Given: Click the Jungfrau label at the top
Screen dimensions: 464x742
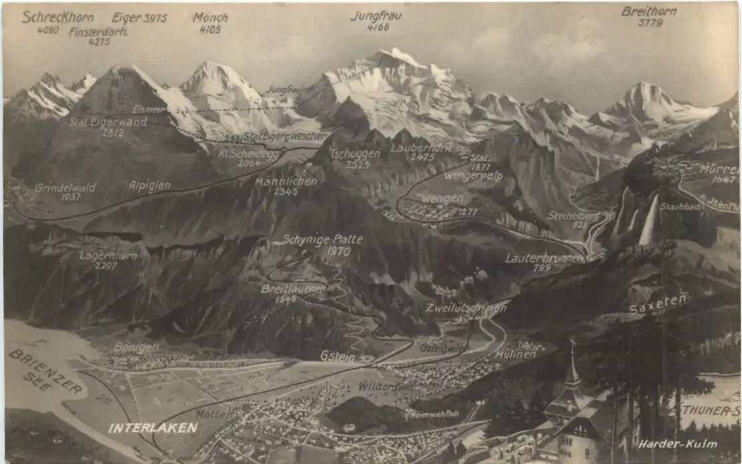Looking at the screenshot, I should [376, 15].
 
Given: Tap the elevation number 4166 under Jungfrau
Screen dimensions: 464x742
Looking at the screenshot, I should [378, 28].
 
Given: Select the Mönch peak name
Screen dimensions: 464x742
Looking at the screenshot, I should [210, 18].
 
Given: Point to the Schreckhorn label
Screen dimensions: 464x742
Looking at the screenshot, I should [57, 17].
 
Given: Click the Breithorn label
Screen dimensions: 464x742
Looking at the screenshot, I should [649, 11].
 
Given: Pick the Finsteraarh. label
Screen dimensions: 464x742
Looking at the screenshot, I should [99, 31].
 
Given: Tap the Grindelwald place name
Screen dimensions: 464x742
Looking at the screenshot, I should [65, 188].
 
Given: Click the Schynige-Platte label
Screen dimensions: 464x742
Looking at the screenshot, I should [323, 240].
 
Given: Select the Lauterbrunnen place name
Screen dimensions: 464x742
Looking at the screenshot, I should [544, 258].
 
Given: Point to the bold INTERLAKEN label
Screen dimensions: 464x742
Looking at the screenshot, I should [153, 428].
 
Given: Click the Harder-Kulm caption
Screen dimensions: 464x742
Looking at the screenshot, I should [677, 444].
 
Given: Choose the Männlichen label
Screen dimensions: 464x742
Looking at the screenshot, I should [286, 181].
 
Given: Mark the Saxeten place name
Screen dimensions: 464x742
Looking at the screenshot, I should [657, 304].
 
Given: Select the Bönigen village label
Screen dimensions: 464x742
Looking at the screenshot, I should [136, 347].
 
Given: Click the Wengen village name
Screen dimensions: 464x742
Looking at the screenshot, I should [442, 199].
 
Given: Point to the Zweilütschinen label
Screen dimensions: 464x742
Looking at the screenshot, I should [466, 308].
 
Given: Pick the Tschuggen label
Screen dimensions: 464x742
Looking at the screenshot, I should [355, 153].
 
